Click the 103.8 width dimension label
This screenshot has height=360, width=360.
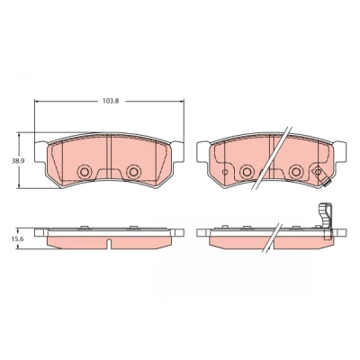tap(111, 101)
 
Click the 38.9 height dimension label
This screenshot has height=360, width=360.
tap(17, 161)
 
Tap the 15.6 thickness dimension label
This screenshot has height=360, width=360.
tap(17, 239)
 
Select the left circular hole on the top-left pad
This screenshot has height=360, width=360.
tap(85, 172)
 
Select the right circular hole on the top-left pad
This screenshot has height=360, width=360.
tap(133, 172)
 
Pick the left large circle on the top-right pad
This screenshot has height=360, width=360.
tap(247, 172)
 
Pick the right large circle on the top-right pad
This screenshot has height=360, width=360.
tap(296, 172)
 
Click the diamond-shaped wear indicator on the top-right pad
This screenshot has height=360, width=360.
tap(318, 172)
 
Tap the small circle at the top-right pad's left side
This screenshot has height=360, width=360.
tap(225, 172)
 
